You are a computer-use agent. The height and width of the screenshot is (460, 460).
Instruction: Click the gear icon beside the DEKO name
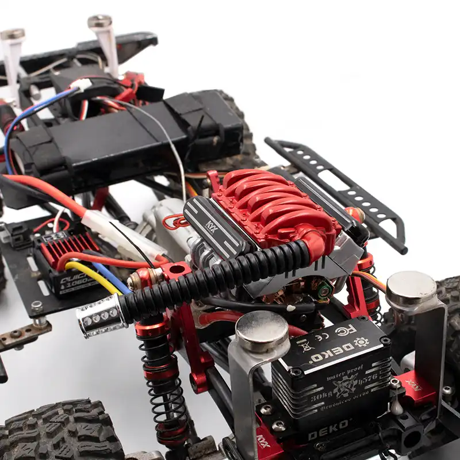click(x=361, y=343)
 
